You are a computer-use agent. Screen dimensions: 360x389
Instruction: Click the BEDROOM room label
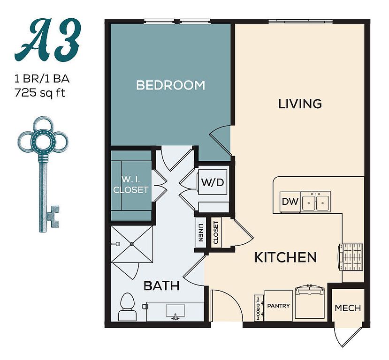point(170,85)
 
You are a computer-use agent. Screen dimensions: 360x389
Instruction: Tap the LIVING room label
point(300,104)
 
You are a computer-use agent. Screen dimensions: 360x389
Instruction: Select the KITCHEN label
point(285,257)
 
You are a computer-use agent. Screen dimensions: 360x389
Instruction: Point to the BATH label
point(161,285)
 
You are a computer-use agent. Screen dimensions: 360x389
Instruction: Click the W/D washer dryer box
point(212,182)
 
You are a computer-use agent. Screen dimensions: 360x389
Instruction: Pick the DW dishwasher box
point(290,202)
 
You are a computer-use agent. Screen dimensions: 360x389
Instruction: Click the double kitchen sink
point(315,202)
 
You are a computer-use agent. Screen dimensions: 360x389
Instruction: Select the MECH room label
point(348,308)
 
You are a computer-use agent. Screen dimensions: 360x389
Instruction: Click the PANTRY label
point(278,306)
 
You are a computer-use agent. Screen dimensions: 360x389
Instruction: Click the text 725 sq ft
point(40,92)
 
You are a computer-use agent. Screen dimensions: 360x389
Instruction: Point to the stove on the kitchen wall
point(353,257)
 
